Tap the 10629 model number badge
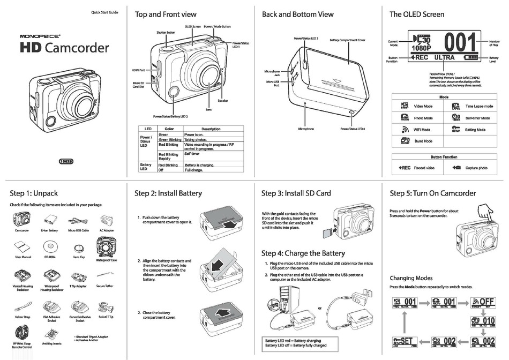click(66, 161)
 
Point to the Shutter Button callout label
click(166, 33)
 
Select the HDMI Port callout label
click(139, 70)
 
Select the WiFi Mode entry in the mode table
click(423, 130)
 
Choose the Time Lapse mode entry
click(478, 107)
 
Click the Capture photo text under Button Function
click(476, 168)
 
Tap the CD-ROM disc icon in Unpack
click(50, 247)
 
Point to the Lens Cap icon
click(79, 247)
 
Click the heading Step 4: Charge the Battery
click(303, 253)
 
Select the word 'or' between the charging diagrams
click(319, 308)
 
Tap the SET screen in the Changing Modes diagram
click(405, 341)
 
